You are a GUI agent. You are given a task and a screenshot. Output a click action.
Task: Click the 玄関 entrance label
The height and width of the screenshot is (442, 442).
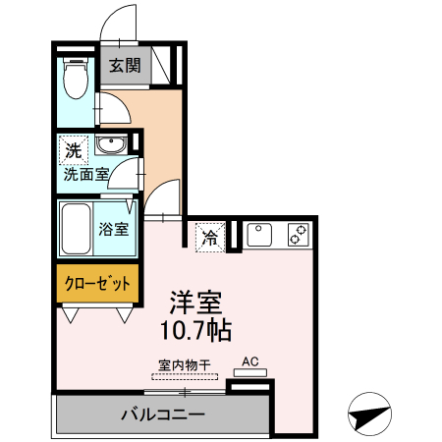coord(125,68)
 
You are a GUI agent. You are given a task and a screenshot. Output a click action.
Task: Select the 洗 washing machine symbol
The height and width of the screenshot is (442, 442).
coord(74,150)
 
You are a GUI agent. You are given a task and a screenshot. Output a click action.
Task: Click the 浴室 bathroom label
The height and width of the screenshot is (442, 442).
coord(114,230)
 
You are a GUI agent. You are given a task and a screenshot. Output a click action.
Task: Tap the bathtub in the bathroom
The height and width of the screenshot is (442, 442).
coord(75,229)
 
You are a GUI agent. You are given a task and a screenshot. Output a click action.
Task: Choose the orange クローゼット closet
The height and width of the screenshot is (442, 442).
coord(97,284)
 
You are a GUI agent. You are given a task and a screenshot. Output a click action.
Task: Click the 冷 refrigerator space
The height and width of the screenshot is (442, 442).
coord(209,237)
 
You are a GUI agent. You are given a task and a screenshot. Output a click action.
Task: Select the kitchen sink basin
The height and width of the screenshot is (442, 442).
coord(259,236)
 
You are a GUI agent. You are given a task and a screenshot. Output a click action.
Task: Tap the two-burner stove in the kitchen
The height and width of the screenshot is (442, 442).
coord(297,236)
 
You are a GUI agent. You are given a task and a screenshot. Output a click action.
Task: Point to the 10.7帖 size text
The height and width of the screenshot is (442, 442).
coord(195,329)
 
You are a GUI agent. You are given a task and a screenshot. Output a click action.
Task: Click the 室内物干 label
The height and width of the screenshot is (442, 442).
coord(182,363)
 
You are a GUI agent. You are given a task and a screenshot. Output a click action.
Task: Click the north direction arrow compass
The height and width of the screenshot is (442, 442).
coord(369,415)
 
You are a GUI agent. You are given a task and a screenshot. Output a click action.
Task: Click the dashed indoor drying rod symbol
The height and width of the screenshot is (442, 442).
coord(182,375)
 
